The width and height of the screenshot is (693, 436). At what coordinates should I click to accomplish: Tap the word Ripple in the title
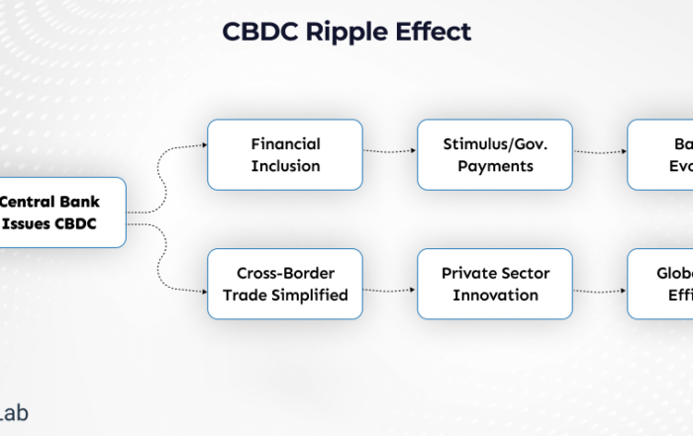click(346, 32)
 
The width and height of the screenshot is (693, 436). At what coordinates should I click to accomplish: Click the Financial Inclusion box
click(285, 154)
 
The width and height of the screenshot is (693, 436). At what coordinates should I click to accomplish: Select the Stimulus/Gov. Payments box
click(495, 154)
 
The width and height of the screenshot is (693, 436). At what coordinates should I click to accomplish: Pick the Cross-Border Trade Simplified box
click(285, 284)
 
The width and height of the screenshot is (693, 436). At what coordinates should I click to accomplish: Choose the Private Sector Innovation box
click(495, 284)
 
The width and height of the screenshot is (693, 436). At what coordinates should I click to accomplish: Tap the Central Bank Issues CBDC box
click(62, 213)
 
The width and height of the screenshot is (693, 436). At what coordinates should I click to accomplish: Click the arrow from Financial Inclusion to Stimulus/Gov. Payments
click(390, 152)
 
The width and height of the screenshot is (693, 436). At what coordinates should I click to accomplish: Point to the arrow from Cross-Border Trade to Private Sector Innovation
click(390, 291)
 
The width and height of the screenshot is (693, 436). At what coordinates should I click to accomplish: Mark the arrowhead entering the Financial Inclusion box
click(203, 144)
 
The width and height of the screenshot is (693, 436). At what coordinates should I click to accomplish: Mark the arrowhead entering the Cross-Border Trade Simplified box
click(203, 291)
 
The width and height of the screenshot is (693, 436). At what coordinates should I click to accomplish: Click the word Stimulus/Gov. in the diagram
click(495, 143)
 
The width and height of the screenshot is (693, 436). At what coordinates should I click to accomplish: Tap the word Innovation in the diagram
click(495, 295)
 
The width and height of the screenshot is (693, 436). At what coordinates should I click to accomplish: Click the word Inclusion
click(285, 165)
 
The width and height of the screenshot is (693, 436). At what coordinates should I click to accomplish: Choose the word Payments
click(495, 165)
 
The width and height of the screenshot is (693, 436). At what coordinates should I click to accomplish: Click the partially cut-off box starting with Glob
click(660, 284)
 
